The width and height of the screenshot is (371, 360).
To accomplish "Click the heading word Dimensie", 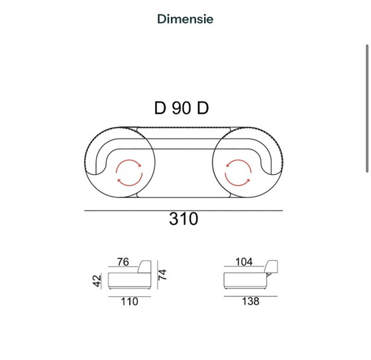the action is pyautogui.click(x=185, y=19).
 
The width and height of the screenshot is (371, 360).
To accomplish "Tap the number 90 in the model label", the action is pyautogui.click(x=182, y=109).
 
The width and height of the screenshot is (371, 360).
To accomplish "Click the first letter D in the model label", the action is pyautogui.click(x=160, y=109).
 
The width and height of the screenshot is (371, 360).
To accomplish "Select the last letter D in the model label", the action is pyautogui.click(x=203, y=109).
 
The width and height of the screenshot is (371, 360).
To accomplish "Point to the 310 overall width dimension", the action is pyautogui.click(x=184, y=219).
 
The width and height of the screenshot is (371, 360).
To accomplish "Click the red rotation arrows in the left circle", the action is pyautogui.click(x=129, y=173).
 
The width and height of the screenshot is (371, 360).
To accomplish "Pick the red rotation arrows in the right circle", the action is pyautogui.click(x=238, y=173).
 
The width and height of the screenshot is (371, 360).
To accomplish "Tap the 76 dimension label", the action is pyautogui.click(x=123, y=262).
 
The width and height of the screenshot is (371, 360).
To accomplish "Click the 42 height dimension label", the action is pyautogui.click(x=97, y=281).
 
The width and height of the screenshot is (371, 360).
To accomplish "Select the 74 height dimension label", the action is pyautogui.click(x=162, y=275).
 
